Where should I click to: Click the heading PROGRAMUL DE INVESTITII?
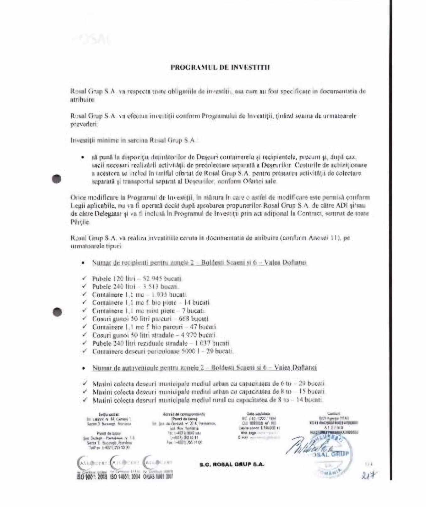[220, 67]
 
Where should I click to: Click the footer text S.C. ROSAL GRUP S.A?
[232, 464]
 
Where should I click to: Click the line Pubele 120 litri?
[137, 278]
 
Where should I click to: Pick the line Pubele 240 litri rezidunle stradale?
[161, 343]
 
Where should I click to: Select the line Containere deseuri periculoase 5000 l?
[162, 351]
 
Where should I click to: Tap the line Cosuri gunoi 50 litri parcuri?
[150, 319]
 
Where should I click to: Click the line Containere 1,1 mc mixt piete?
[148, 311]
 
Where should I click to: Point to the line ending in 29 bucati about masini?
[208, 384]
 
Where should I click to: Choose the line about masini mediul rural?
[207, 400]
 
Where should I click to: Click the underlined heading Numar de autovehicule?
[204, 368]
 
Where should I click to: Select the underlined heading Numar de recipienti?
[199, 263]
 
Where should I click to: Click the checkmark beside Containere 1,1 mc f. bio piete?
[84, 303]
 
